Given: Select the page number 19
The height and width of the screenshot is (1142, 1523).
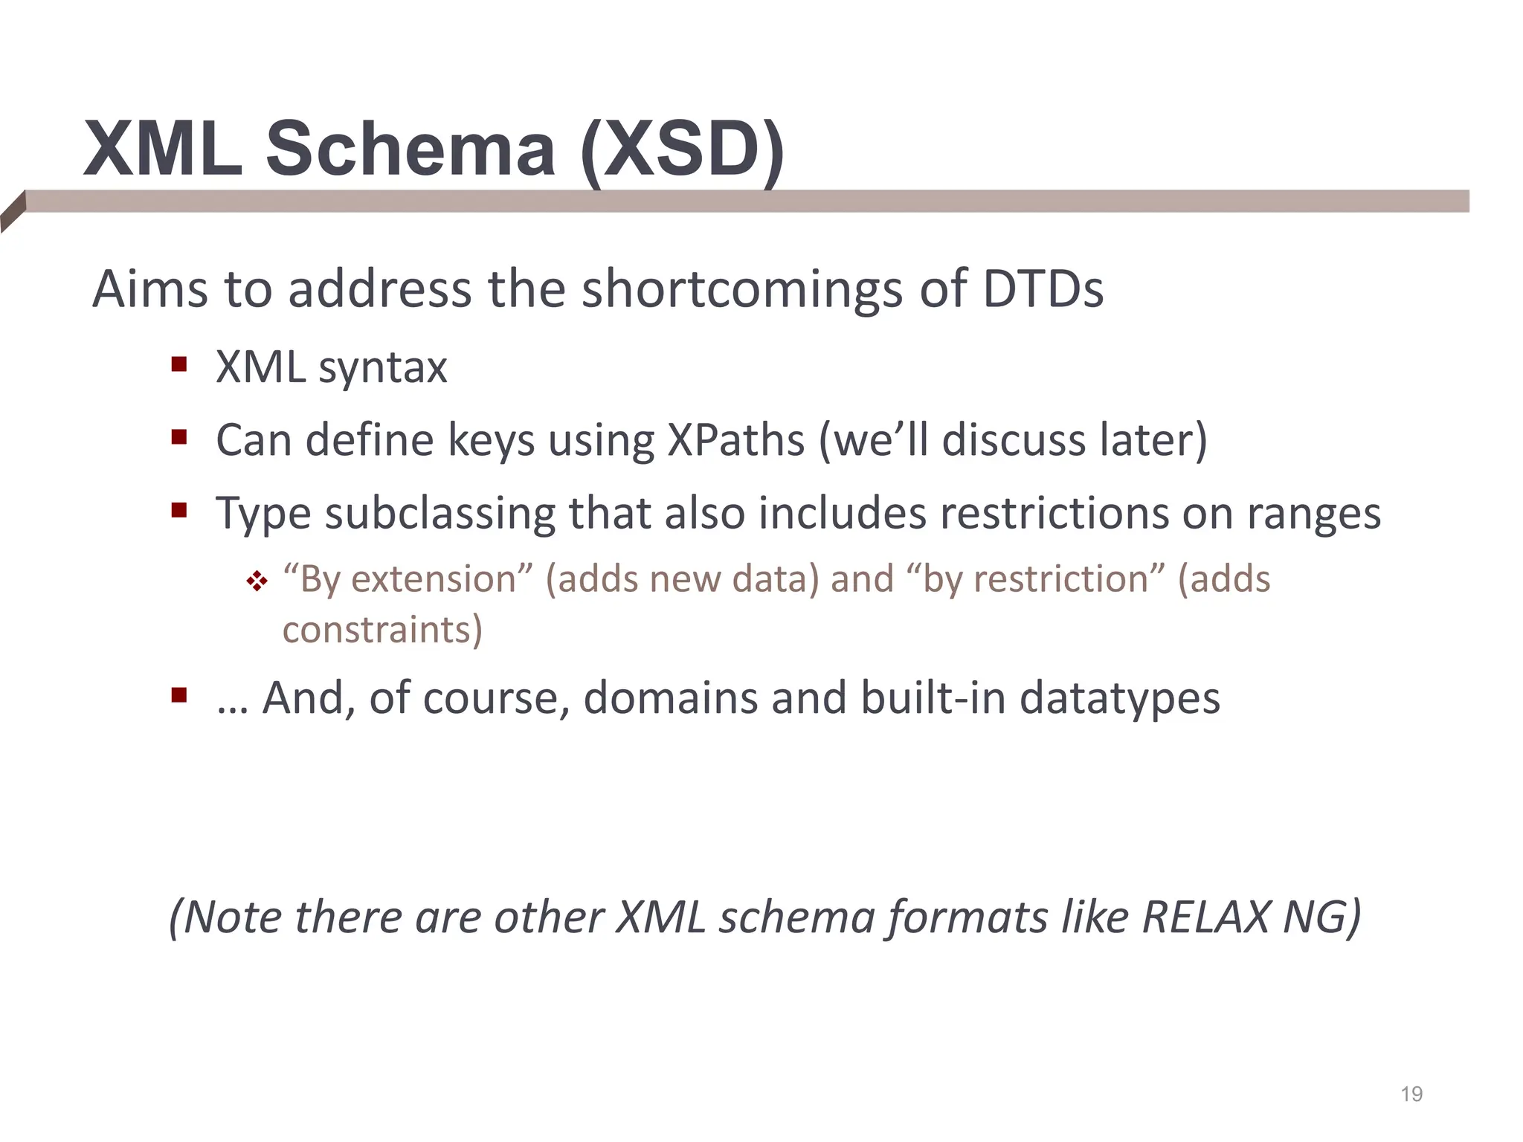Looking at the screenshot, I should [x=1411, y=1094].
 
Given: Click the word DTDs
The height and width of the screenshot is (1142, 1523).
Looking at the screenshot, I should [x=1043, y=288].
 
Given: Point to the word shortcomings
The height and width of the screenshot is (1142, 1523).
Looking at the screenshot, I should [x=742, y=290].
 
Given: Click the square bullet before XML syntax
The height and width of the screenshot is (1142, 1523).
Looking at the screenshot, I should [x=178, y=364].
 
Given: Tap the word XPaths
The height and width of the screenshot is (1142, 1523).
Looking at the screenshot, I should [x=735, y=440].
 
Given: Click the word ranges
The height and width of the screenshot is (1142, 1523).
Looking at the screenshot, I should [x=1313, y=514].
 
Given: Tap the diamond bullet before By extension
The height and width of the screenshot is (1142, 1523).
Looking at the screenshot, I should [x=257, y=581].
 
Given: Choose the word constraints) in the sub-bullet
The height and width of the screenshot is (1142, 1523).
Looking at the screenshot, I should [x=382, y=630].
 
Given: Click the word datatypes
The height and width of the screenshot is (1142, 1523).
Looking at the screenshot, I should [x=1119, y=699].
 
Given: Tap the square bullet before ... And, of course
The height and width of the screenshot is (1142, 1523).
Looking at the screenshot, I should [x=178, y=695].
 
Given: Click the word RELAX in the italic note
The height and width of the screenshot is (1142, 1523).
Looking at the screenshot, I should [x=1205, y=917].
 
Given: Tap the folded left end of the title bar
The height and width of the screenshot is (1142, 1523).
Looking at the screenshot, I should [x=13, y=212].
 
